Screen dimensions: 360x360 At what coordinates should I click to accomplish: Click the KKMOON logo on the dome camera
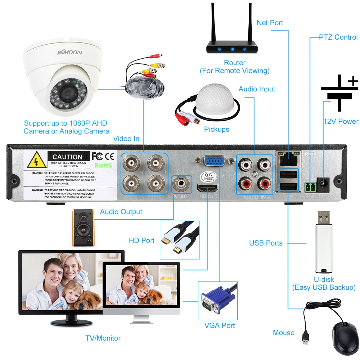coord(69,53)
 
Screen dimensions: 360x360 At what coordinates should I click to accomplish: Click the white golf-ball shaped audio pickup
coord(215,102)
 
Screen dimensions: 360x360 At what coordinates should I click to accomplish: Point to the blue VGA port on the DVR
coord(215,161)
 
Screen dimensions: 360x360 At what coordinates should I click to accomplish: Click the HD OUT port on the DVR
coord(208,188)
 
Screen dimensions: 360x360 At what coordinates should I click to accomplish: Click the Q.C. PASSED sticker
coord(209,177)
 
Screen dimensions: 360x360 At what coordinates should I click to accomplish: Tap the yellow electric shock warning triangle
coord(35,161)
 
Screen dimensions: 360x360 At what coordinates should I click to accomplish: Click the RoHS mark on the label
coord(103,165)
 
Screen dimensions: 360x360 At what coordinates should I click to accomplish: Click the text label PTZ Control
coord(338,37)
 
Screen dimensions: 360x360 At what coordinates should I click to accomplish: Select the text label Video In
coord(126,139)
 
